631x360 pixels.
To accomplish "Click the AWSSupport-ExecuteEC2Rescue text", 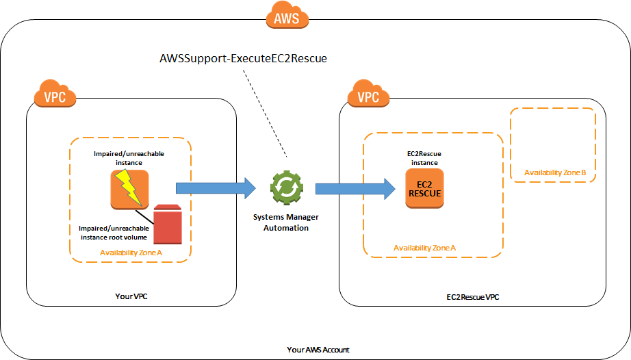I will point(242,59).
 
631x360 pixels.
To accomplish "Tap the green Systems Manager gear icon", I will point(285,188).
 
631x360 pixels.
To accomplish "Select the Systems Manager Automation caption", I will point(285,222).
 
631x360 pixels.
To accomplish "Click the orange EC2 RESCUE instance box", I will point(424,188).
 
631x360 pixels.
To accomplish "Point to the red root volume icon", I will point(167,224).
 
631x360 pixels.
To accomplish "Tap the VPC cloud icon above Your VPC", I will point(55,97).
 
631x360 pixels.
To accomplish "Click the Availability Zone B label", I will point(554,172).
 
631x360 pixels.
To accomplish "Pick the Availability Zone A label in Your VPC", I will point(131,253).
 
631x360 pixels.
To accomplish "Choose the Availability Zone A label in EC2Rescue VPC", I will point(424,247).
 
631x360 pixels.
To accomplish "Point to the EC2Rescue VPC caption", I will point(472,298).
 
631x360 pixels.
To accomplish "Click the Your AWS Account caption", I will point(318,350).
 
